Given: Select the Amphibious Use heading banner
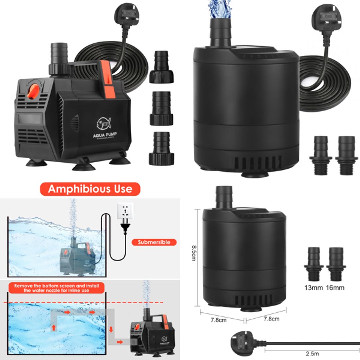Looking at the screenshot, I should point(90,189).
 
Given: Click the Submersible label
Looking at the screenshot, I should point(154,242).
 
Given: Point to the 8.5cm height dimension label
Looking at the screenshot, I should point(194,253).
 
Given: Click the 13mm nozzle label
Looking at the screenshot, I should point(313,287).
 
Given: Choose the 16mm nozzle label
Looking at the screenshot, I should point(335,287).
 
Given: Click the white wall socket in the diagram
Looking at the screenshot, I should point(126,211).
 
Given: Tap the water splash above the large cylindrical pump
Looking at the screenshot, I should point(219,8).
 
